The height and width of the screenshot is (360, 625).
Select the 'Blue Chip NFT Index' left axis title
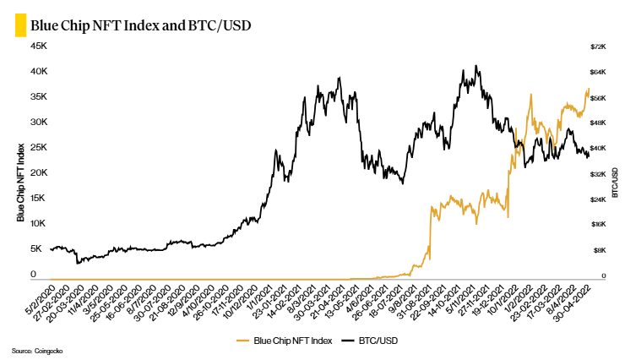click(20, 183)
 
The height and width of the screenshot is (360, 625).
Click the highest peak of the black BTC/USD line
click(478, 66)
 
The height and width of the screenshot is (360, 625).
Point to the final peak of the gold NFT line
click(588, 89)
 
